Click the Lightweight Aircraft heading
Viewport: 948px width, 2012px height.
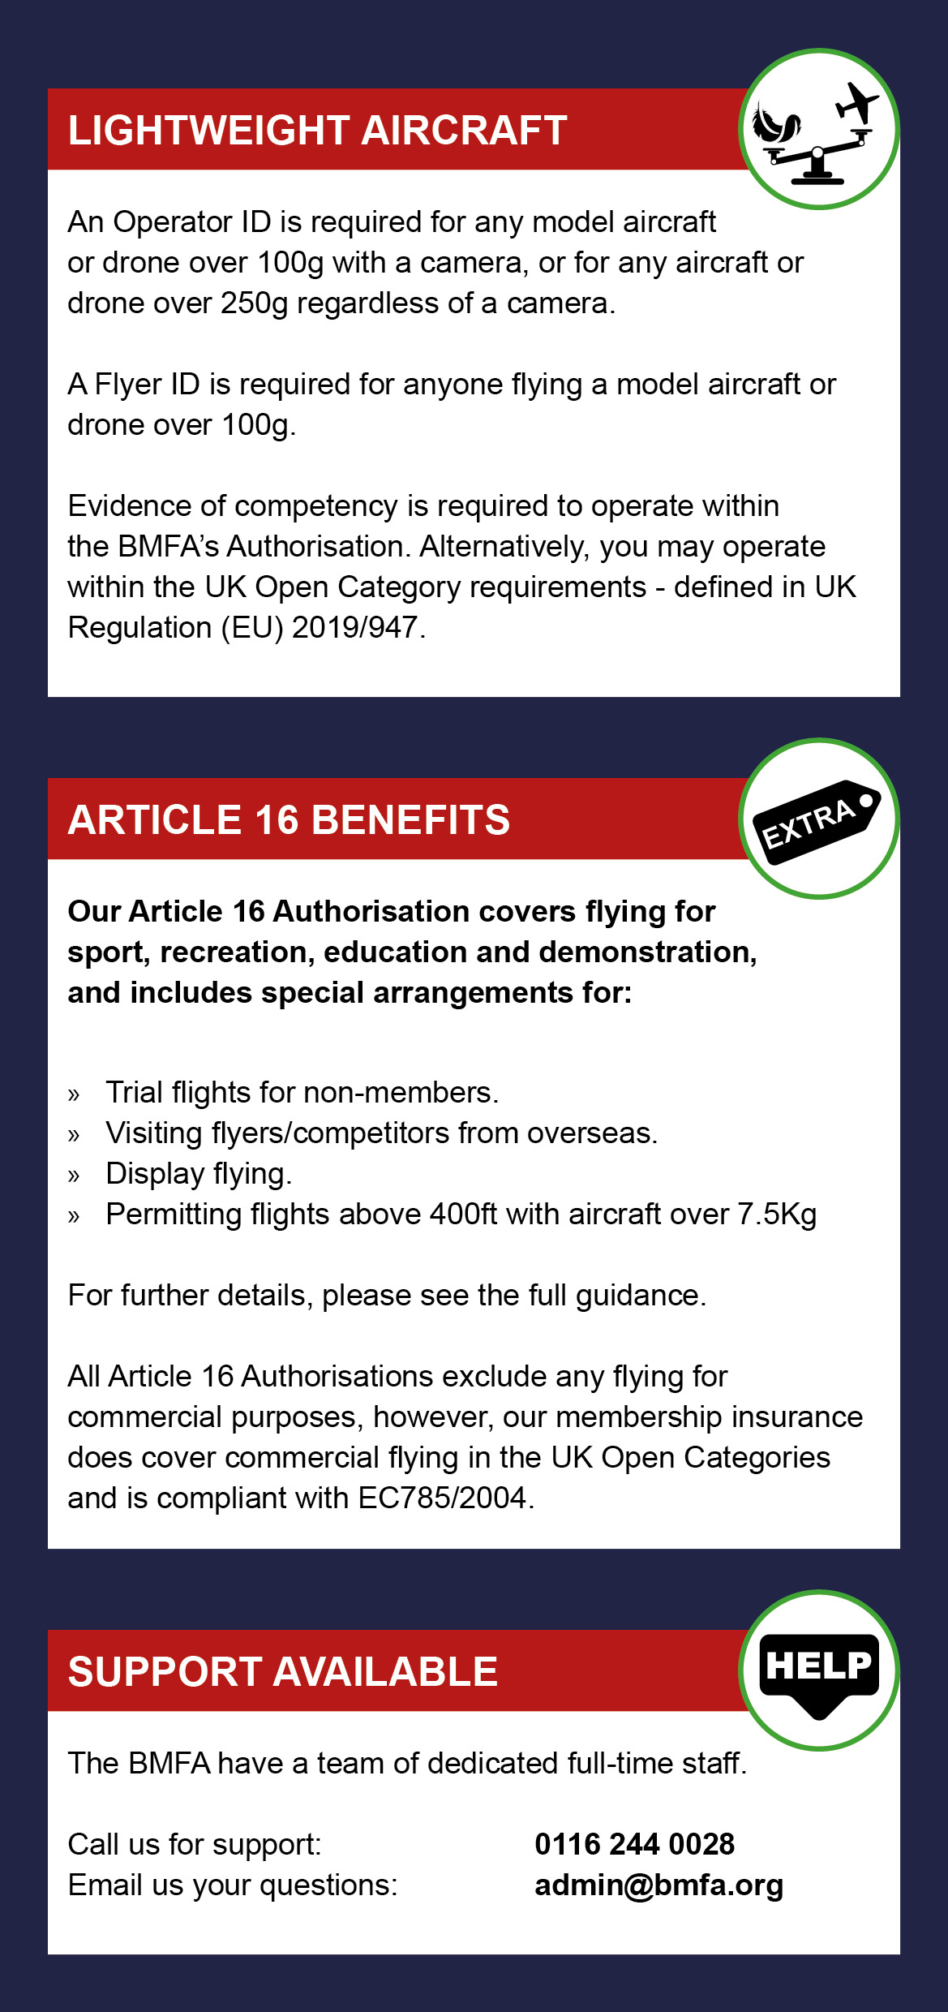point(317,131)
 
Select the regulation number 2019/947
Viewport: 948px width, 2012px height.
point(355,628)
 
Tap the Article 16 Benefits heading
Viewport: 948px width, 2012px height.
point(289,820)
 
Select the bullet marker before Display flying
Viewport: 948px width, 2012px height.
point(74,1176)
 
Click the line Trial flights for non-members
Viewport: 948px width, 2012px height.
point(302,1093)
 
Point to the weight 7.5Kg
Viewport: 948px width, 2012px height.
point(776,1215)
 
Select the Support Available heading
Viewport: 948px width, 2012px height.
point(282,1672)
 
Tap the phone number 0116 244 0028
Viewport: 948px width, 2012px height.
point(634,1844)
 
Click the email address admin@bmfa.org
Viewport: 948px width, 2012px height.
point(658,1885)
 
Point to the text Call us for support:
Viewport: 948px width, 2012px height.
point(195,1844)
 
